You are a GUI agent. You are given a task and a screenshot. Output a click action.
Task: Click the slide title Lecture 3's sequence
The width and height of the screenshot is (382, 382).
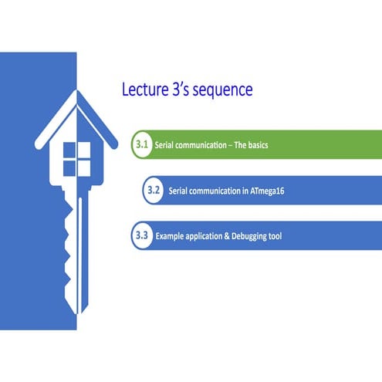click(188, 90)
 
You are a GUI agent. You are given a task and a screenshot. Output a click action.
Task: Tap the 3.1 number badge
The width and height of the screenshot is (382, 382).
click(141, 144)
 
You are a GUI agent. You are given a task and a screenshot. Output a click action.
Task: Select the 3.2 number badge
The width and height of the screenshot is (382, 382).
click(154, 190)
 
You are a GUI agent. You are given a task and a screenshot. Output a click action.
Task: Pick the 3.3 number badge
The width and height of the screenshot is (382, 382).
click(141, 235)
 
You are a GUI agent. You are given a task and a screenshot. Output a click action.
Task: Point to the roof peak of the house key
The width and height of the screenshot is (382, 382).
click(77, 95)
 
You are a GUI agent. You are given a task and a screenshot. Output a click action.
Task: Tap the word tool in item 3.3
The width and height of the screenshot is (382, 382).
click(274, 235)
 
